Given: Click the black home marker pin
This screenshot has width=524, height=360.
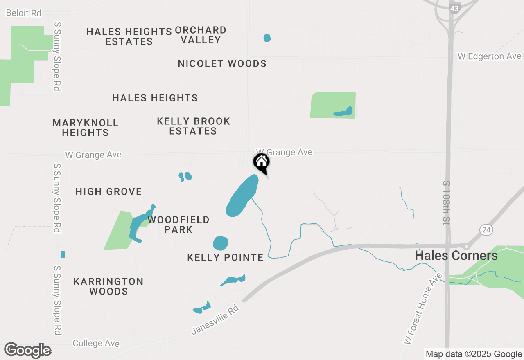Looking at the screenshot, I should coord(261,162).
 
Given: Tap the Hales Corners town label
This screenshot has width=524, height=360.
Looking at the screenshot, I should coord(456,256).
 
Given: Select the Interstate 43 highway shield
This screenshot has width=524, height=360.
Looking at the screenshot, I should coord(454,7).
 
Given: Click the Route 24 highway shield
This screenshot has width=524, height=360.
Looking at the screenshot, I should coord(486,229).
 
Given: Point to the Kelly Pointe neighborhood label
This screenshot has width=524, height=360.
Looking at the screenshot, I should coord(225,257).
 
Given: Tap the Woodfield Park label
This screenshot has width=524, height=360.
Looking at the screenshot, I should coord(178,225).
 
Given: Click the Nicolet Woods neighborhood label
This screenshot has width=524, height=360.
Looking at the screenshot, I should coord(222,63).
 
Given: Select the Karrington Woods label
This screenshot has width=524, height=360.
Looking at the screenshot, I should coord(108,286).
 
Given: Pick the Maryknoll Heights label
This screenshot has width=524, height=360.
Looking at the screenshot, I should coord(86,128).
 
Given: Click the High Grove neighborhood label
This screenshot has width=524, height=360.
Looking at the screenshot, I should coord(108,191).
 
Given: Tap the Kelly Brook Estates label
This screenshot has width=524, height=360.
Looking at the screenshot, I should coord(193,126).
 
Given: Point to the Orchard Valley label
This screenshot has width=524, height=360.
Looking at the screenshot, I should coord(201,35).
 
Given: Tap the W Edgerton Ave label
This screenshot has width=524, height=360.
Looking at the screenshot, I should coord(489,56).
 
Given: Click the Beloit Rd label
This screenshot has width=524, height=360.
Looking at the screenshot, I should coord(24,13).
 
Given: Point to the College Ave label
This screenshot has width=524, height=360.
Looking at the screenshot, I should coord(96,343).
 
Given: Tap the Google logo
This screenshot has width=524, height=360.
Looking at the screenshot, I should coord(28,351).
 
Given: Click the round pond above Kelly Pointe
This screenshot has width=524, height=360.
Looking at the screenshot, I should coord(220,243).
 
